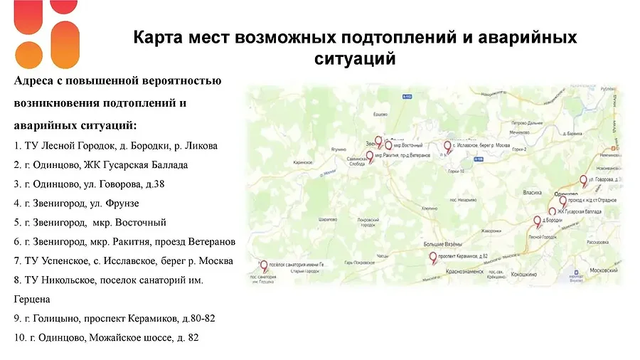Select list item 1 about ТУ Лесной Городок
115,146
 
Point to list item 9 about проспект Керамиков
114,318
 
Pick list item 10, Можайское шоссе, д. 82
106,337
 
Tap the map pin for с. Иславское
447,147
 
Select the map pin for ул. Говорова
583,181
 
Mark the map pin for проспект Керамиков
431,255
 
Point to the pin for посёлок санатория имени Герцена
263,266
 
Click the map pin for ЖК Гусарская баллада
552,211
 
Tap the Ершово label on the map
380,114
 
